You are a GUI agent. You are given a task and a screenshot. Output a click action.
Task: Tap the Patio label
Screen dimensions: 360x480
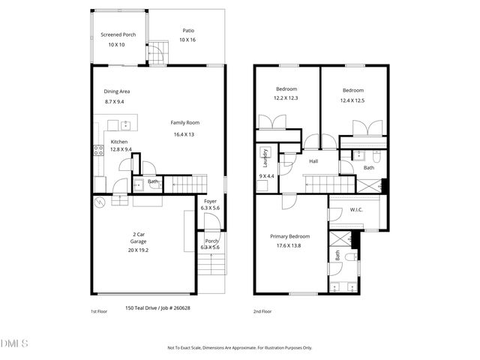pyautogui.click(x=188, y=31)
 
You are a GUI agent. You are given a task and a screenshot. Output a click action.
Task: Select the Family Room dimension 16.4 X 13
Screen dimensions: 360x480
pyautogui.click(x=184, y=134)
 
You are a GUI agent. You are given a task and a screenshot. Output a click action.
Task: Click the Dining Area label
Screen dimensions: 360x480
pyautogui.click(x=117, y=91)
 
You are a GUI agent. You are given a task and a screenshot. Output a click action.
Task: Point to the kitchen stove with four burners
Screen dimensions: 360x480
pyautogui.click(x=97, y=149)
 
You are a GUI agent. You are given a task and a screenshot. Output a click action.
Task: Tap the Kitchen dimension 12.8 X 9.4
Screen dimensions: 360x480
pyautogui.click(x=121, y=149)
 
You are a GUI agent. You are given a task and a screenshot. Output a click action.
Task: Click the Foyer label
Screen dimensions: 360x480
pyautogui.click(x=211, y=201)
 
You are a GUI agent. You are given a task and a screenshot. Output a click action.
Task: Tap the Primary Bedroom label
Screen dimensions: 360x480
pyautogui.click(x=289, y=236)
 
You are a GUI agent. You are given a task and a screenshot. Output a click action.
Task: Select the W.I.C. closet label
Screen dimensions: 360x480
pyautogui.click(x=356, y=209)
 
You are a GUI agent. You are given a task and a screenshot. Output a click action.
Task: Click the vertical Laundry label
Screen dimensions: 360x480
pyautogui.click(x=265, y=157)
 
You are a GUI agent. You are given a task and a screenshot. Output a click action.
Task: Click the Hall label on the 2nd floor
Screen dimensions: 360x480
pyautogui.click(x=313, y=160)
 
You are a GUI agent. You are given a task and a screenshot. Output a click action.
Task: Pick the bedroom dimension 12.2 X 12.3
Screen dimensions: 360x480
pyautogui.click(x=285, y=98)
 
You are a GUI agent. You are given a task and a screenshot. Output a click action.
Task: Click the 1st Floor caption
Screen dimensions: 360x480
pyautogui.click(x=98, y=310)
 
